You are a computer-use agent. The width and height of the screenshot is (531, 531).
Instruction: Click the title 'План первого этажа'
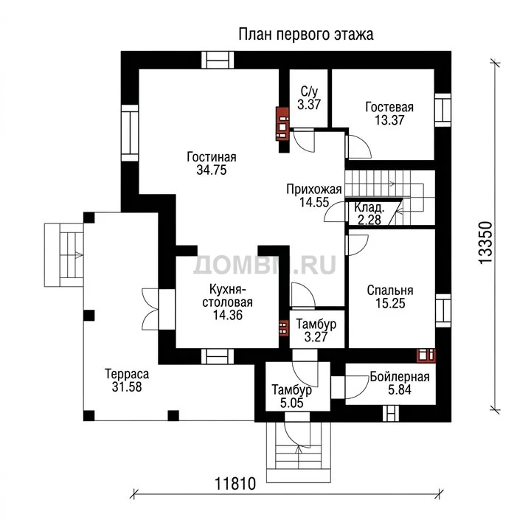[306, 35]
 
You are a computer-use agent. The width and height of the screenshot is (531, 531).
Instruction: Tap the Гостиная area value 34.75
[212, 170]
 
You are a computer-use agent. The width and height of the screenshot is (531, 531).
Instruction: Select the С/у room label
[309, 91]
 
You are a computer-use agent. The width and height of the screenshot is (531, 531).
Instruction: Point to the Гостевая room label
[389, 107]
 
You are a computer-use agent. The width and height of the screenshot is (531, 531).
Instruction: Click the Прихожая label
[314, 190]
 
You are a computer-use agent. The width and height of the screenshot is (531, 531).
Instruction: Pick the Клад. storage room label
[369, 207]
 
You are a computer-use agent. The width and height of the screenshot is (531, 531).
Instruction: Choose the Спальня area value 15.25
[390, 303]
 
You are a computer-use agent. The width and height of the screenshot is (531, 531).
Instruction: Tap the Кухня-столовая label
[228, 296]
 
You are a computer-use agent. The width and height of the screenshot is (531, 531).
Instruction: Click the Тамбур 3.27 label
[316, 330]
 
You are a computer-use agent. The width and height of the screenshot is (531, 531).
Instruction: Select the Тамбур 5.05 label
[292, 396]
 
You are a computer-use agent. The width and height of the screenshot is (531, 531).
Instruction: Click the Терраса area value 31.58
[127, 386]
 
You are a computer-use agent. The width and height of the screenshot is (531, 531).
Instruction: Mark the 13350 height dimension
[485, 242]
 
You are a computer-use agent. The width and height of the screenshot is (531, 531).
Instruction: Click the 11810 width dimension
[235, 484]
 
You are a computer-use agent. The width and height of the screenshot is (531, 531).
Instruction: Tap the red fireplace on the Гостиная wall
[282, 124]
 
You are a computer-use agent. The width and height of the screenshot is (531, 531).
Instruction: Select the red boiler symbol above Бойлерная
[426, 355]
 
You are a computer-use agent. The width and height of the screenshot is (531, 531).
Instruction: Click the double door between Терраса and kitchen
[150, 309]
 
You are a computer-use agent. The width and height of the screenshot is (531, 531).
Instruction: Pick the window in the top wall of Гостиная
[218, 60]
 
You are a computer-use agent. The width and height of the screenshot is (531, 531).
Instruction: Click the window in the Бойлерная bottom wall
[391, 413]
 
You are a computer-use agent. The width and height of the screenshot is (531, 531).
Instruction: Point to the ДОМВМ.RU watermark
[265, 265]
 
